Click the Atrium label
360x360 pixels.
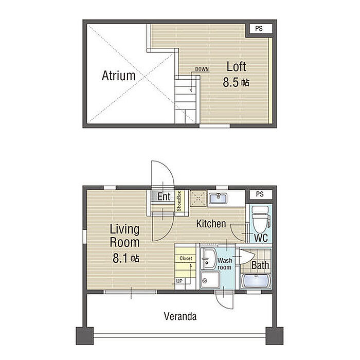[118, 76]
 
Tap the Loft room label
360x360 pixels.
[236, 66]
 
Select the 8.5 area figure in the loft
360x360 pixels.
[231, 82]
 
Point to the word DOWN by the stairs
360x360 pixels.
[202, 69]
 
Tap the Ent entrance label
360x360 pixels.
[164, 196]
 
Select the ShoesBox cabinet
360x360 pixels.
[179, 201]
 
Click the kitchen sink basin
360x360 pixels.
[219, 198]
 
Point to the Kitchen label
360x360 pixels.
[211, 224]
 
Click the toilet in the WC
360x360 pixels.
[261, 219]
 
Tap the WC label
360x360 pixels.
[261, 238]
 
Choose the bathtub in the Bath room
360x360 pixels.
[256, 281]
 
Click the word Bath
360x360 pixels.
[260, 265]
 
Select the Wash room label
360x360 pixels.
[225, 264]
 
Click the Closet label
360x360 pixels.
[186, 259]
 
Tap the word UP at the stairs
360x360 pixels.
[179, 281]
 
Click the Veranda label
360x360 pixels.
[180, 316]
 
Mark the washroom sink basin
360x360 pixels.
[208, 259]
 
